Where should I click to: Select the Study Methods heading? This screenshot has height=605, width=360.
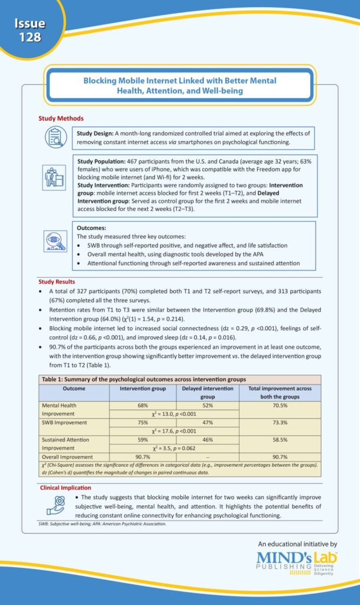pyautogui.click(x=61, y=119)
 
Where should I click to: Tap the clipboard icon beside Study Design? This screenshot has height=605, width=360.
pyautogui.click(x=56, y=138)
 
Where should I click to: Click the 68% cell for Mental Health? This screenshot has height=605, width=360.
pyautogui.click(x=142, y=406)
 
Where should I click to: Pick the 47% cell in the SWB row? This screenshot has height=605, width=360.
pyautogui.click(x=207, y=423)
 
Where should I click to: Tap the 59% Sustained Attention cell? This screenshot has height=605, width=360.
pyautogui.click(x=142, y=440)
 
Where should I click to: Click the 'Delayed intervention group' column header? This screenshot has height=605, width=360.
pyautogui.click(x=207, y=393)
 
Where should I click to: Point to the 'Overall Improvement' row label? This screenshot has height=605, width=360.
pyautogui.click(x=68, y=457)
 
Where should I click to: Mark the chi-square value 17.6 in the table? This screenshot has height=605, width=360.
pyautogui.click(x=174, y=431)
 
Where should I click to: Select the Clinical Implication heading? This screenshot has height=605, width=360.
pyautogui.click(x=65, y=488)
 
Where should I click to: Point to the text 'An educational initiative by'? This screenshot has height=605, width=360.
pyautogui.click(x=297, y=544)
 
